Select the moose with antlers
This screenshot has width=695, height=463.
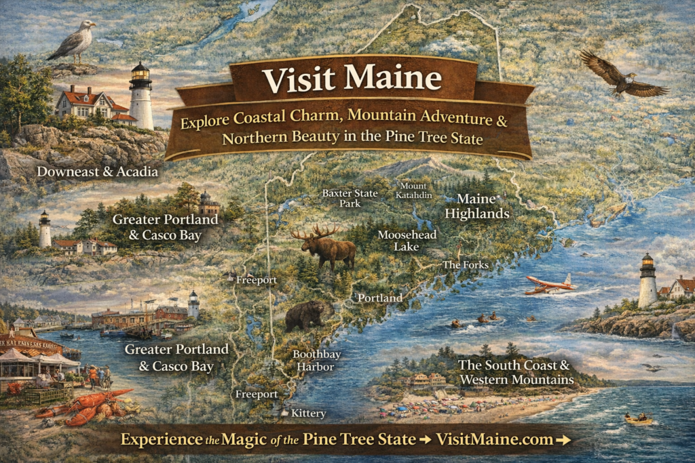pyautogui.click(x=326, y=247)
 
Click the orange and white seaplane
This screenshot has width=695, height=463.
pyautogui.click(x=550, y=285)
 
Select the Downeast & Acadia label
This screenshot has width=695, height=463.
pyautogui.click(x=97, y=172)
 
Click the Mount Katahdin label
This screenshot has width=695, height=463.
pyautogui.click(x=415, y=190)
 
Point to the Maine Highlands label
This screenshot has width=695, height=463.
pyautogui.click(x=483, y=206)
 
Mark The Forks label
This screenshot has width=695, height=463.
pyautogui.click(x=465, y=264)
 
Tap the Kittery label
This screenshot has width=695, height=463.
pyautogui.click(x=308, y=413)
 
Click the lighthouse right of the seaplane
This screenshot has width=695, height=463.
pyautogui.click(x=647, y=281)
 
